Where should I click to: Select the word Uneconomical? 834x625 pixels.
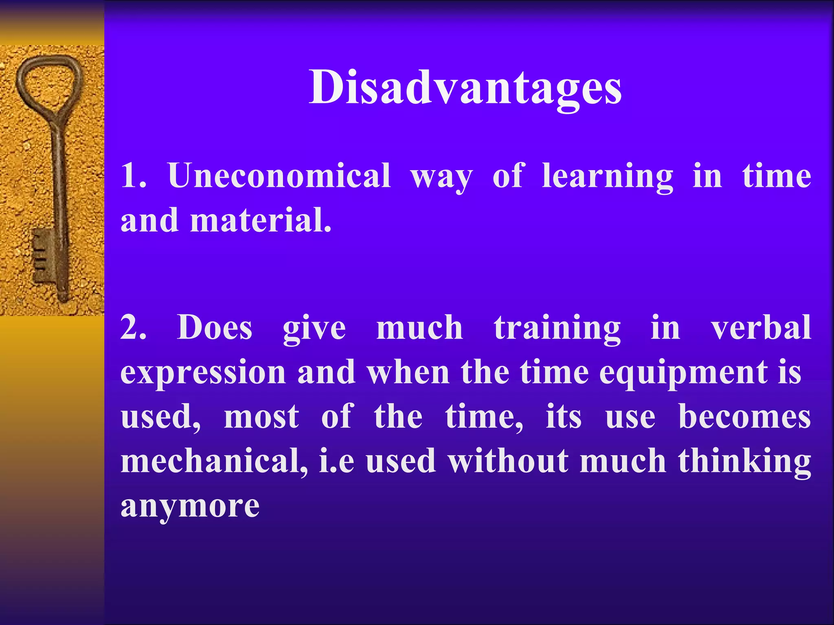pyautogui.click(x=279, y=176)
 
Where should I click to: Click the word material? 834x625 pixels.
pyautogui.click(x=261, y=220)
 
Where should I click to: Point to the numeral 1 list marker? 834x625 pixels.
pyautogui.click(x=133, y=176)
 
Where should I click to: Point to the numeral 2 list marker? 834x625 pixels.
pyautogui.click(x=134, y=328)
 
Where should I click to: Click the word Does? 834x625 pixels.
pyautogui.click(x=215, y=328)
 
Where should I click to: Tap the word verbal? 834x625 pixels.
pyautogui.click(x=761, y=328)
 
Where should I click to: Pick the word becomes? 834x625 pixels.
pyautogui.click(x=744, y=417)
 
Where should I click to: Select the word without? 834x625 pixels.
pyautogui.click(x=508, y=461)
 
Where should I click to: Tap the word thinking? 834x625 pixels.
pyautogui.click(x=744, y=462)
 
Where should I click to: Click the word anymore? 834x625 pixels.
pyautogui.click(x=190, y=507)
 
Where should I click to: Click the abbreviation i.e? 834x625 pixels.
pyautogui.click(x=336, y=462)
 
